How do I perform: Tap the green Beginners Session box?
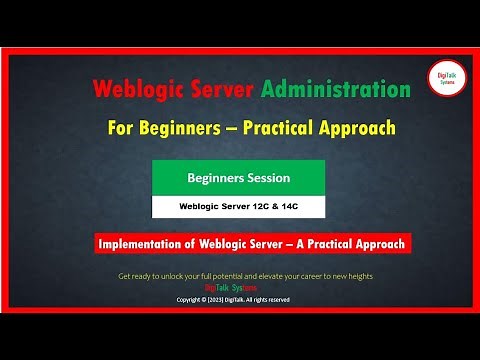pos(238,178)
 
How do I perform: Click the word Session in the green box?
pos(266,178)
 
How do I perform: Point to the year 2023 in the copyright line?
pos(220,298)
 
